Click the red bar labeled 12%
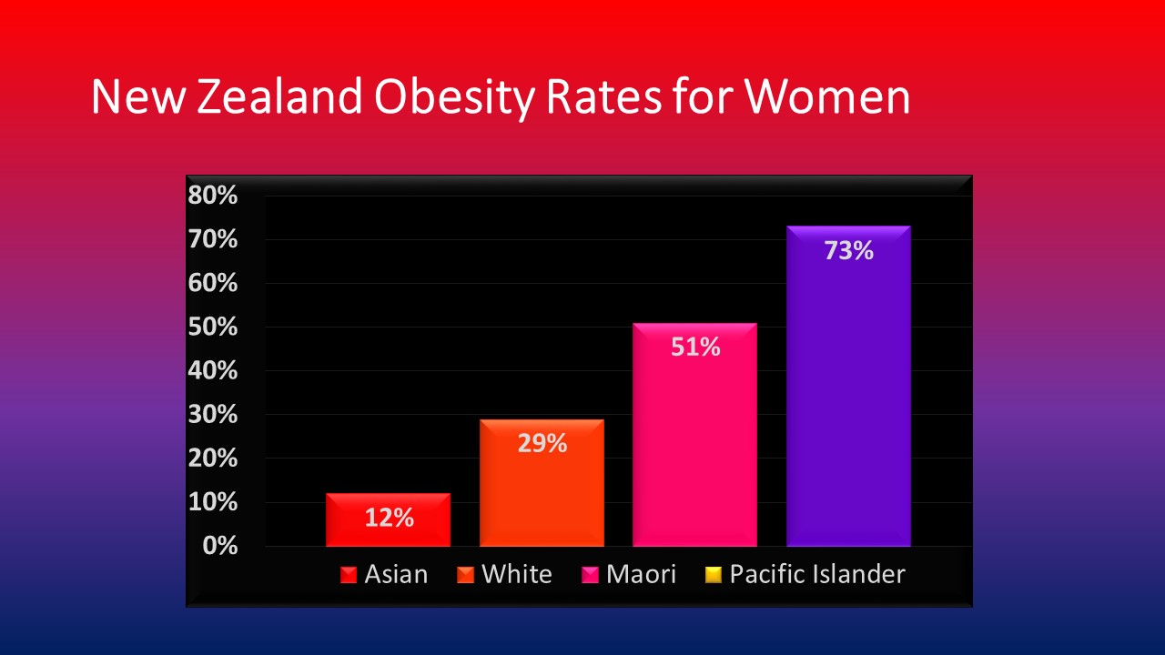pos(388,519)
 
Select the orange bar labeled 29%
pos(542,482)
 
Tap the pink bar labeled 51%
pos(694,435)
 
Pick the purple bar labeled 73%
pos(849,386)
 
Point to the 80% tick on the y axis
pos(213,196)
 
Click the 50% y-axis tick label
pos(213,327)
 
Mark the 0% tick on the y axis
pos(220,546)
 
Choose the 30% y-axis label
pos(213,414)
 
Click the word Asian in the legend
pos(396,574)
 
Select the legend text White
pos(517,574)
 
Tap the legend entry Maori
pos(642,574)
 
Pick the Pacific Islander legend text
pos(817,574)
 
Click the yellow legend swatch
pos(713,575)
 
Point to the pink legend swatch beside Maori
pos(590,575)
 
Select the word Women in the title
pos(827,96)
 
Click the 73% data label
pos(849,250)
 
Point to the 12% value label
pos(389,518)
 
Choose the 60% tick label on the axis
pos(213,283)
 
